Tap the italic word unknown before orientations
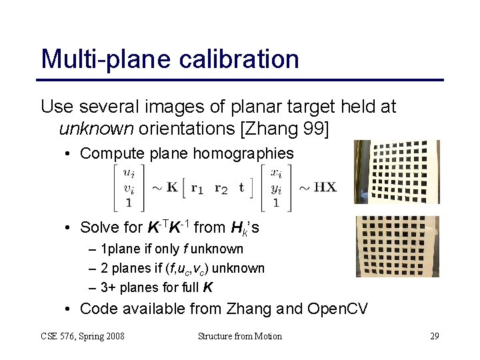pyautogui.click(x=96, y=127)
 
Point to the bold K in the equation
pyautogui.click(x=172, y=187)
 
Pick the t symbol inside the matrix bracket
pyautogui.click(x=241, y=187)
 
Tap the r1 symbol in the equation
pyautogui.click(x=197, y=188)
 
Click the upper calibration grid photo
pyautogui.click(x=396, y=172)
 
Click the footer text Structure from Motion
pyautogui.click(x=240, y=336)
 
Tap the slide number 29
pyautogui.click(x=434, y=336)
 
